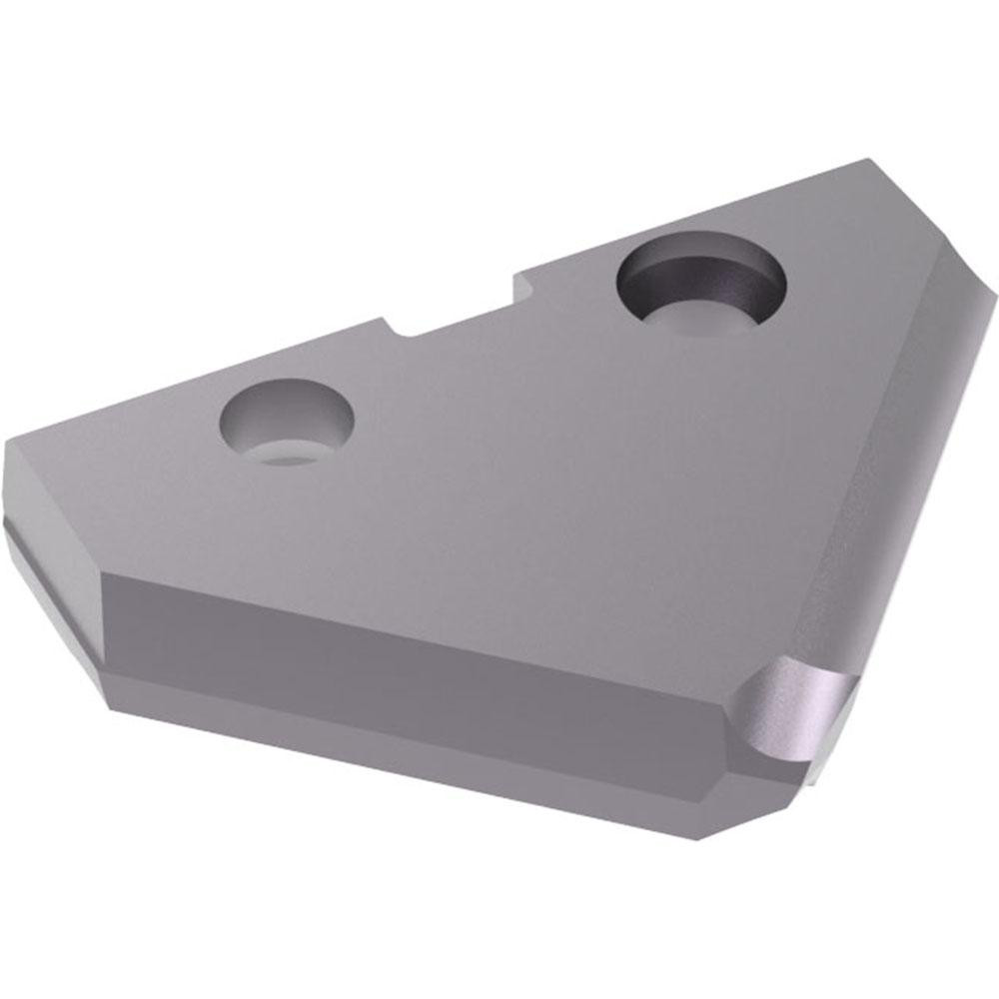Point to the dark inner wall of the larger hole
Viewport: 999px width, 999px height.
699,268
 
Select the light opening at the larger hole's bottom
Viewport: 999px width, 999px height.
689,318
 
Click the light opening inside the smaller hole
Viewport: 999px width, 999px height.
285,455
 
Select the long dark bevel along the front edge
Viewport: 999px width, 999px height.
420,659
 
